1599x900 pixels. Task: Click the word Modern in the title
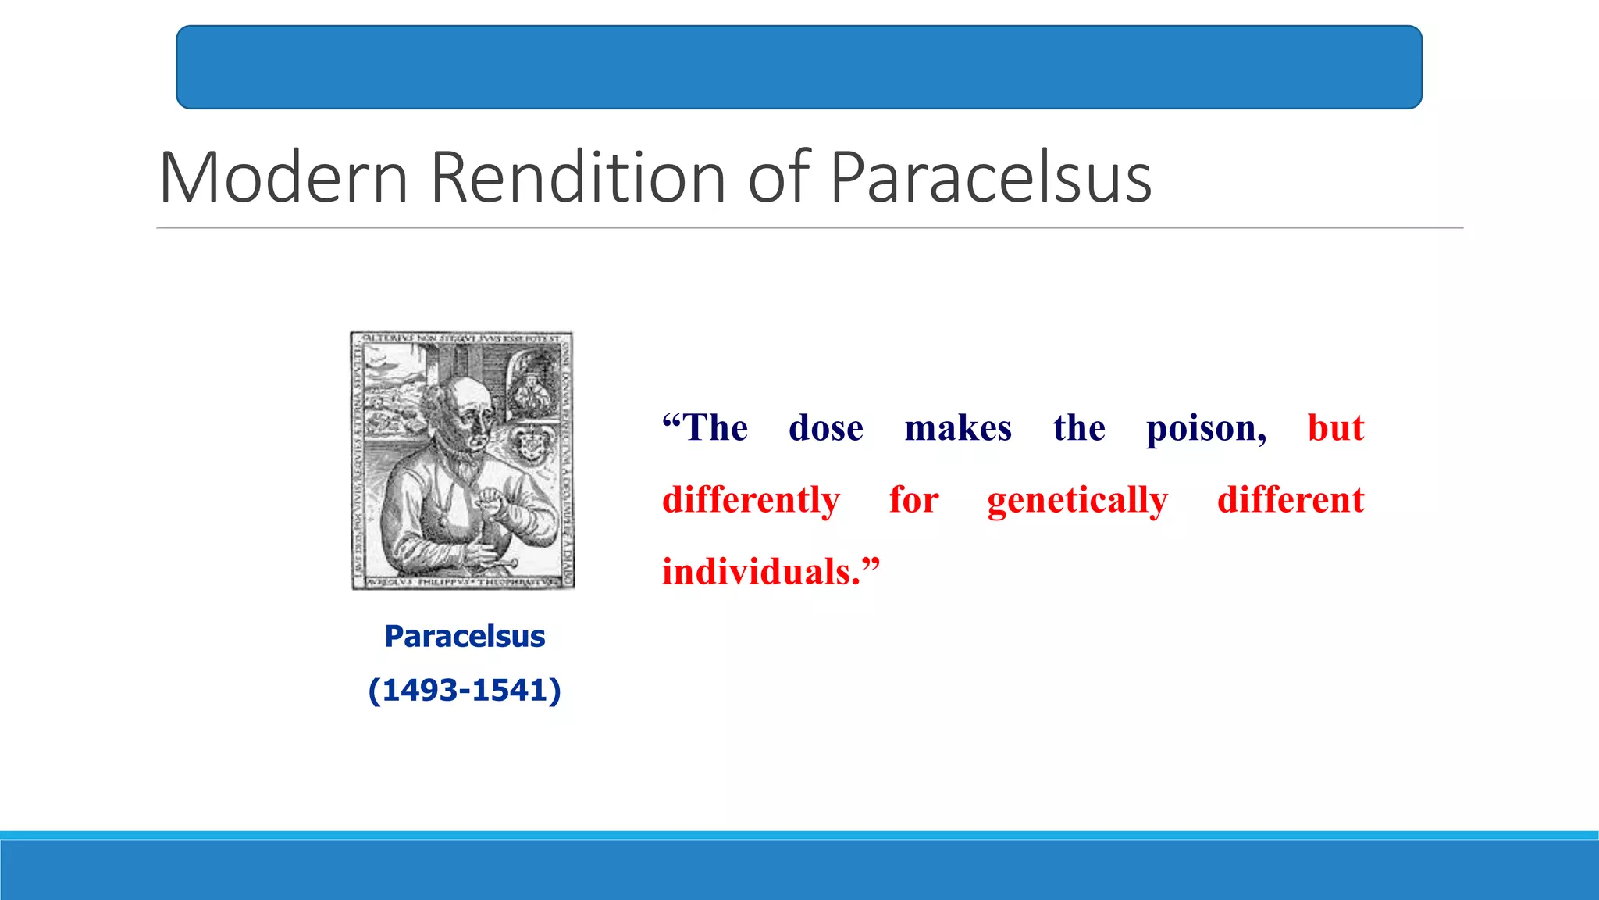click(284, 178)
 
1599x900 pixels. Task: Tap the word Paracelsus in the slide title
click(990, 178)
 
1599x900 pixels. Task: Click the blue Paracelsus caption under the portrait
click(465, 637)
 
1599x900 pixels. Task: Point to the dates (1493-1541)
click(465, 691)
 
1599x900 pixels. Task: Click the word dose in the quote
click(826, 428)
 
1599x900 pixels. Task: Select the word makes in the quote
click(958, 428)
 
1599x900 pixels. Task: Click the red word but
click(1336, 428)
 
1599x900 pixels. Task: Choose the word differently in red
click(751, 501)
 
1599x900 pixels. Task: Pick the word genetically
click(1077, 501)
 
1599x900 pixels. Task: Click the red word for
click(913, 500)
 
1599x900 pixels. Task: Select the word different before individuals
click(1291, 500)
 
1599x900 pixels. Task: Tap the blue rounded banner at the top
click(799, 67)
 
